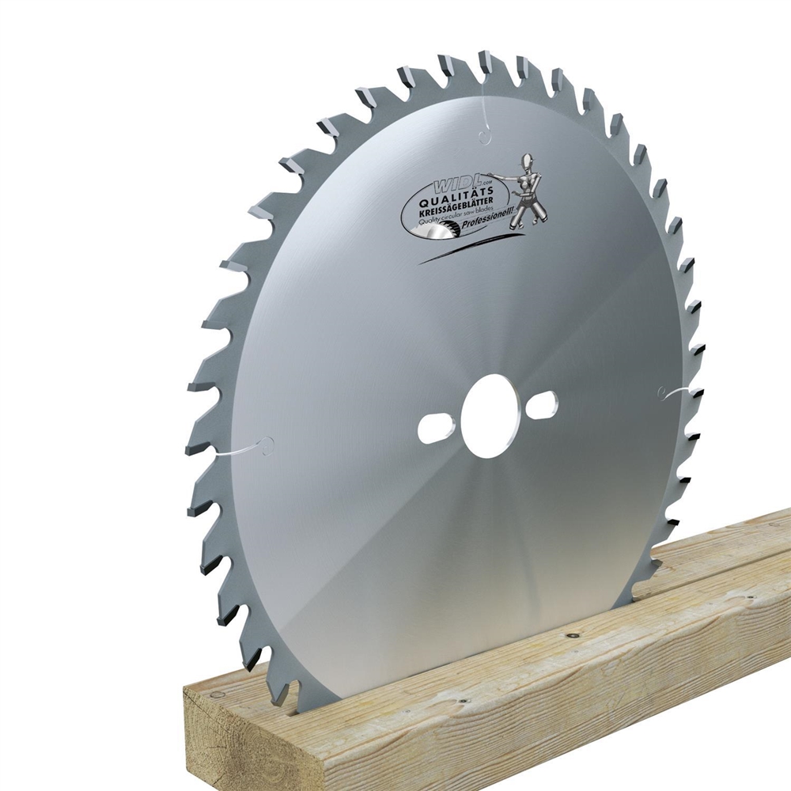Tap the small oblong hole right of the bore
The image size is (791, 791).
click(x=541, y=404)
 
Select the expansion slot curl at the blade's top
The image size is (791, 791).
click(x=484, y=134)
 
